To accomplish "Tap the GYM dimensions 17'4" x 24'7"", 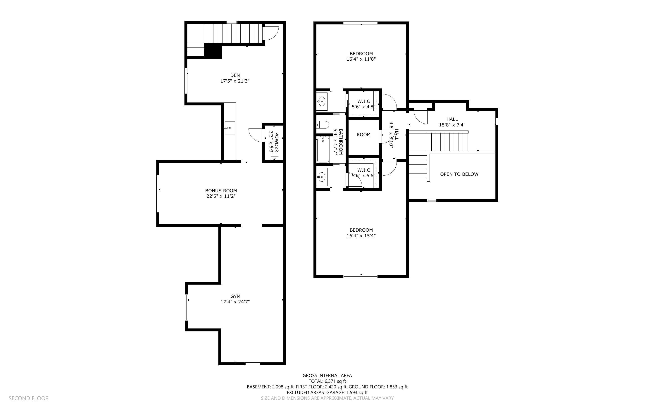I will click(x=235, y=302).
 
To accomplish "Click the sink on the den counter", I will click(x=230, y=128).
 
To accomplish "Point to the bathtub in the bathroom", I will click(x=323, y=150).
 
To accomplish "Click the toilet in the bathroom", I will click(x=323, y=125).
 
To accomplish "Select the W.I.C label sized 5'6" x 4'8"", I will click(x=363, y=104).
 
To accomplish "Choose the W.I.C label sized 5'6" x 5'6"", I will click(x=363, y=173).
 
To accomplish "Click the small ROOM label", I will click(x=363, y=135).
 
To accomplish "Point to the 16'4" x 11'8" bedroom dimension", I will click(x=361, y=59).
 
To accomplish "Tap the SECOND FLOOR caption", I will click(x=29, y=398).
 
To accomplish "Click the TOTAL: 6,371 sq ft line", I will click(x=327, y=381).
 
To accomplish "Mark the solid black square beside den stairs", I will click(x=213, y=51).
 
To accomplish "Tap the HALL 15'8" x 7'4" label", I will click(x=452, y=122).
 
